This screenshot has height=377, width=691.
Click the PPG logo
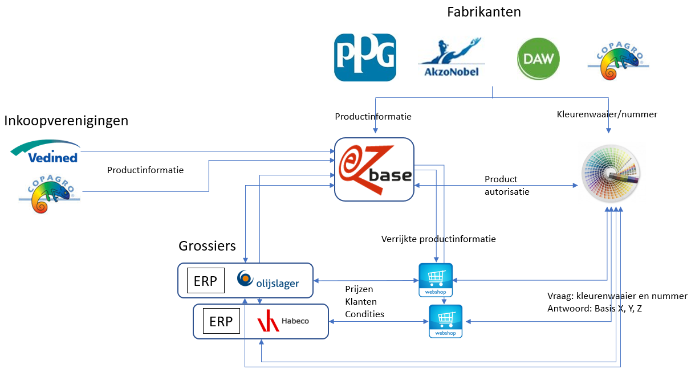point(365,58)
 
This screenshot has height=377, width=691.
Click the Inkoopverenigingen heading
point(66,121)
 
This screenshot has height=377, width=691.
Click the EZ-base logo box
point(374,169)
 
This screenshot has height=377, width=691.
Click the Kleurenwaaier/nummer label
point(607,114)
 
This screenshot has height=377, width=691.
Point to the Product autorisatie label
point(507,186)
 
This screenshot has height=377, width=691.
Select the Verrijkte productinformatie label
point(438,239)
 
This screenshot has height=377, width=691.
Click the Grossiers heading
point(207,246)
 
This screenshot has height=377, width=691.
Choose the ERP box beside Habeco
point(221,322)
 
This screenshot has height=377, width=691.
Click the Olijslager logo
point(267,280)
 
